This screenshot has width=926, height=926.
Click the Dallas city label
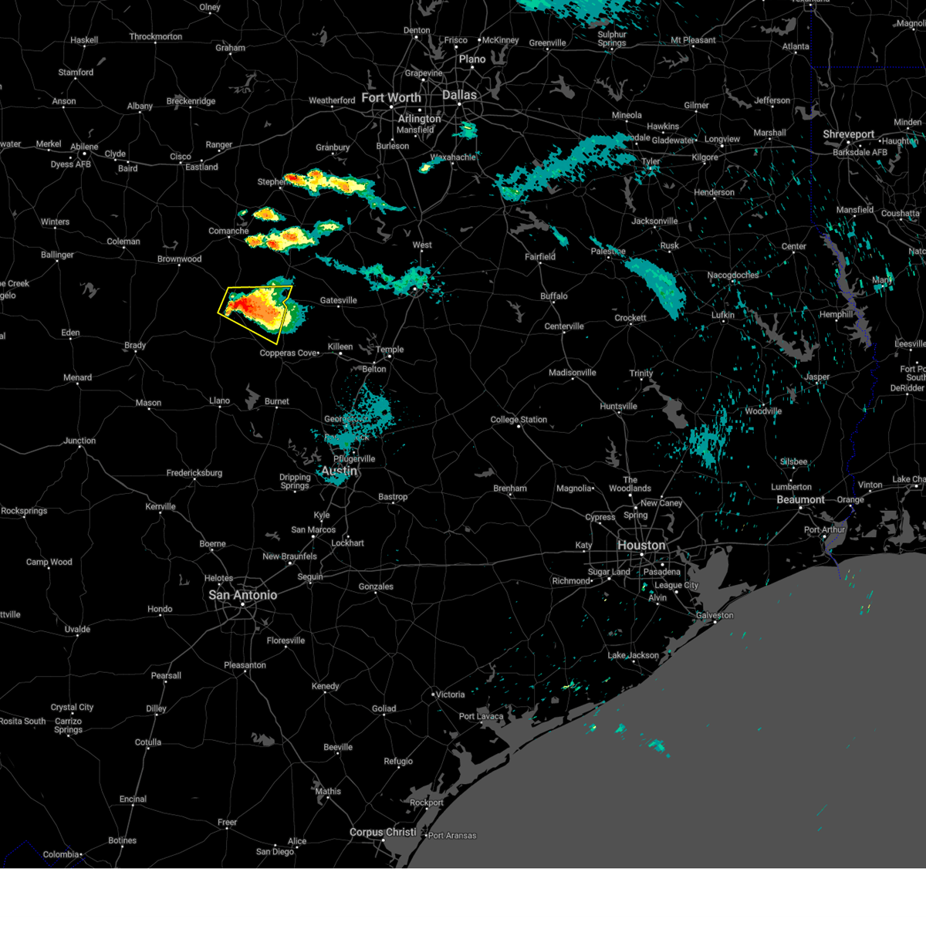click(x=459, y=95)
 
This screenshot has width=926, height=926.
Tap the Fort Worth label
click(x=391, y=98)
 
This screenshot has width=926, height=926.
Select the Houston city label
click(x=641, y=546)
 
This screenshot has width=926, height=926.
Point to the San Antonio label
click(x=242, y=595)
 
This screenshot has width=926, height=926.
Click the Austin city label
click(x=339, y=471)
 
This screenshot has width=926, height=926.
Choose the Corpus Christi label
click(x=383, y=833)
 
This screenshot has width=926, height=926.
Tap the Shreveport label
click(x=848, y=134)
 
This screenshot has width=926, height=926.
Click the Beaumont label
click(x=800, y=500)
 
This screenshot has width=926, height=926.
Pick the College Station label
click(x=519, y=420)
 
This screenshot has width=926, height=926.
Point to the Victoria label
click(x=450, y=694)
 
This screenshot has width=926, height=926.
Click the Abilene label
click(x=84, y=147)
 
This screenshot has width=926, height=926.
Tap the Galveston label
click(x=715, y=616)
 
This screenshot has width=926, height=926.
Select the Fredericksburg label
click(x=194, y=473)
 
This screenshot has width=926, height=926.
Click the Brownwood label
click(x=179, y=259)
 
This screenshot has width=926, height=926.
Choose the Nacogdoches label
click(x=733, y=275)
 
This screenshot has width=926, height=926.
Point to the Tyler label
click(x=651, y=162)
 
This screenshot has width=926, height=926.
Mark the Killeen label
click(x=340, y=347)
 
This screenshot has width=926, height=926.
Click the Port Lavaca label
click(x=481, y=717)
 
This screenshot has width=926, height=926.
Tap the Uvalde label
click(x=77, y=630)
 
